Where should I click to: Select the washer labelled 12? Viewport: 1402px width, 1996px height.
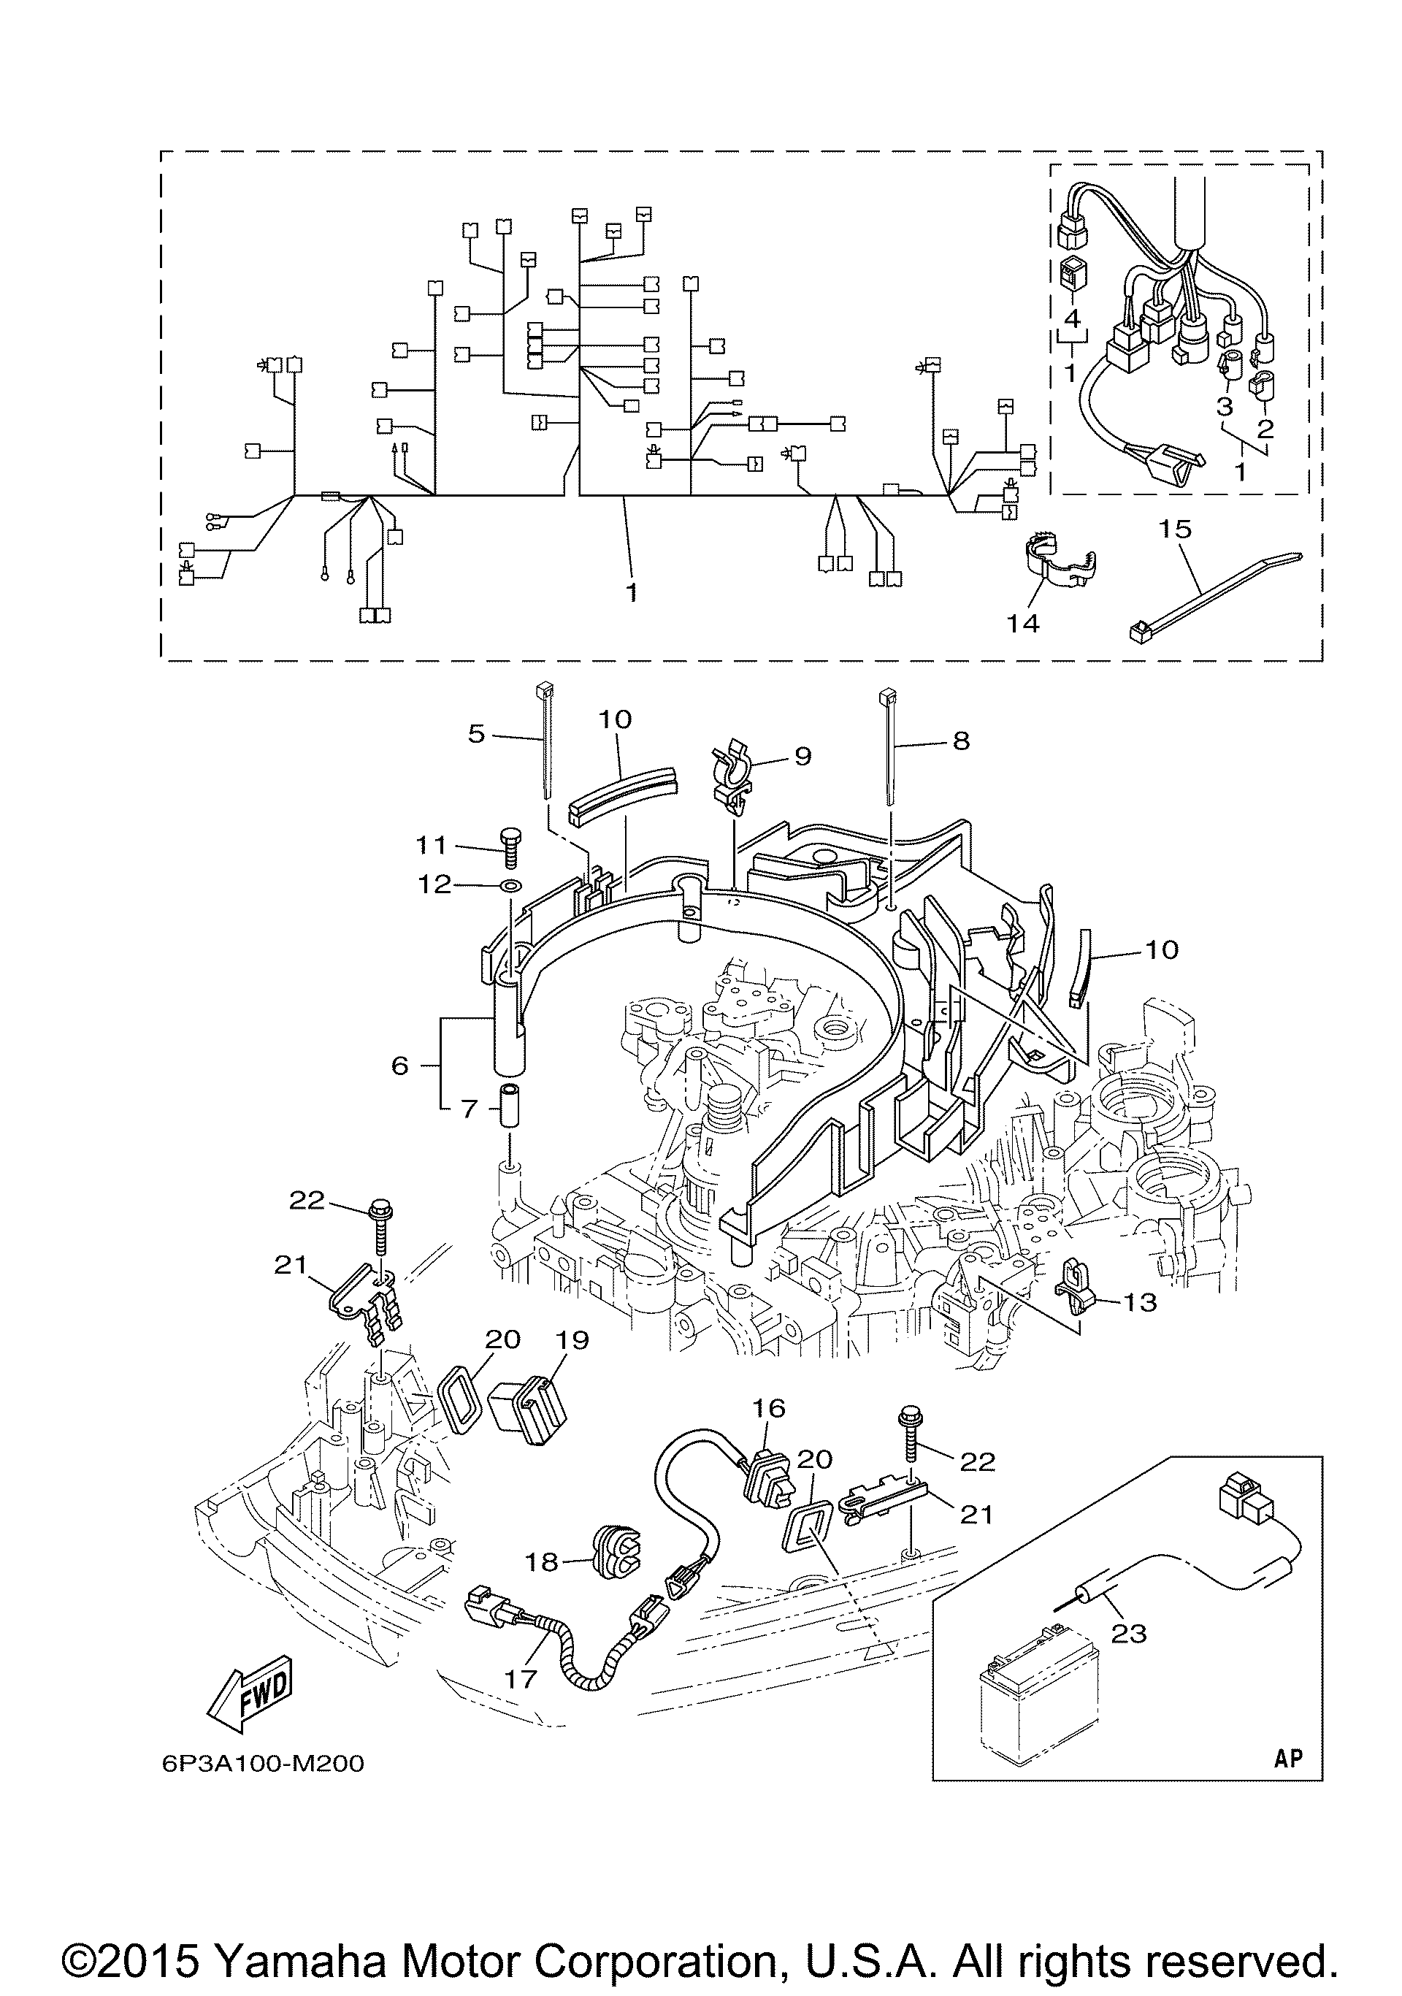(510, 886)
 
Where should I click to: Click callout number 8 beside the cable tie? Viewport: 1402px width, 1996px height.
(960, 741)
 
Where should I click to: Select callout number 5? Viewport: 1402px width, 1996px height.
(476, 734)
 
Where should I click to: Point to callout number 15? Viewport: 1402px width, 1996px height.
(1175, 529)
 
